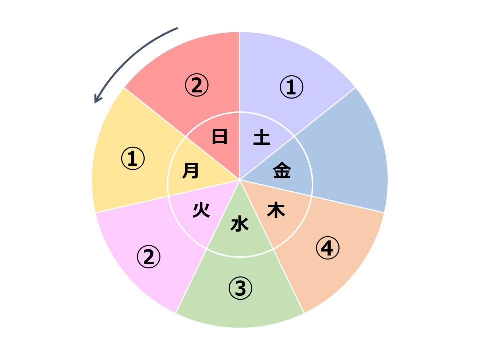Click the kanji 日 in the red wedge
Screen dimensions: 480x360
click(x=220, y=137)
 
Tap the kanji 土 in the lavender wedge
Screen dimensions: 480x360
click(x=262, y=137)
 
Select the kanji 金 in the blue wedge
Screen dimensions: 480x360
click(x=282, y=170)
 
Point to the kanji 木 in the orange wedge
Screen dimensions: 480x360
click(x=276, y=210)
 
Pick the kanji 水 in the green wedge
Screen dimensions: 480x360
click(x=239, y=224)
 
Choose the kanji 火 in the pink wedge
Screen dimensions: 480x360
click(x=201, y=210)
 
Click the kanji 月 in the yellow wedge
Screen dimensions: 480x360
click(x=190, y=170)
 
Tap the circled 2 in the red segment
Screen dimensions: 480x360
click(x=197, y=85)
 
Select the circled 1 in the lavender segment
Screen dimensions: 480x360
click(x=291, y=87)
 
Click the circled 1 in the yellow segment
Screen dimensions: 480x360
click(x=133, y=159)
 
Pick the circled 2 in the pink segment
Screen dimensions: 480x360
click(x=149, y=257)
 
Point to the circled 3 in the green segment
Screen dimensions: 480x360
click(x=240, y=288)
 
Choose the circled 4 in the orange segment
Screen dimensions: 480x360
click(x=328, y=248)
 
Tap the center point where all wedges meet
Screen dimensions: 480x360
click(x=240, y=180)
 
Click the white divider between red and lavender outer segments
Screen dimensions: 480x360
click(x=240, y=72)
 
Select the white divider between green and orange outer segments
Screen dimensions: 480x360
click(x=288, y=281)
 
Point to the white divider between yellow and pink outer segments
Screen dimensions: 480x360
click(x=132, y=204)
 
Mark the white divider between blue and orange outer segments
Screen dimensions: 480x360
click(x=348, y=204)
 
